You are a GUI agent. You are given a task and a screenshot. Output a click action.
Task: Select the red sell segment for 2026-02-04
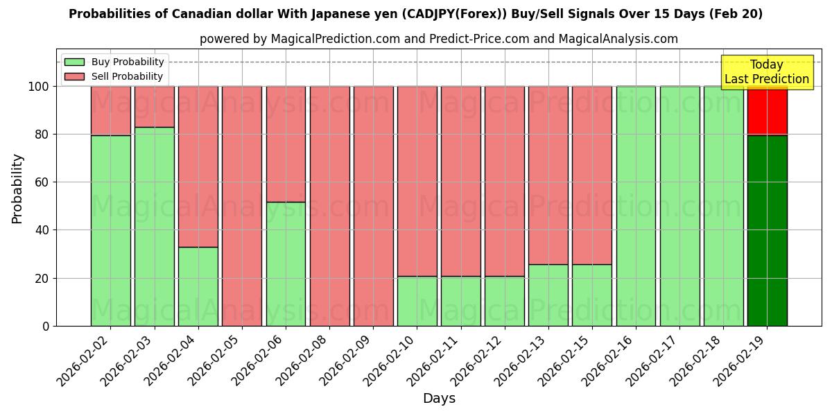198,166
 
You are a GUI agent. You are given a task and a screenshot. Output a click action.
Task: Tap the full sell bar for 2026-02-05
242,206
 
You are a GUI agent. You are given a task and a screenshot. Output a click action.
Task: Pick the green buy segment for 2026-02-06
286,263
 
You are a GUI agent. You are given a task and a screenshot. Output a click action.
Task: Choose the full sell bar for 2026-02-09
373,206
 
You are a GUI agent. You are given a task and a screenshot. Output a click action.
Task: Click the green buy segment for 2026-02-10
417,301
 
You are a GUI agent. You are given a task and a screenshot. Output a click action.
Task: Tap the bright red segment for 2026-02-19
767,111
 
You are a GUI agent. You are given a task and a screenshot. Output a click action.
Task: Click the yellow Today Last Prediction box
767,72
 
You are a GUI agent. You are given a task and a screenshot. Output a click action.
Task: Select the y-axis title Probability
17,189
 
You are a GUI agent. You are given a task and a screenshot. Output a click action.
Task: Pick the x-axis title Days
439,399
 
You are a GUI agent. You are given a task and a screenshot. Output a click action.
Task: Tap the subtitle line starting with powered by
439,40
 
